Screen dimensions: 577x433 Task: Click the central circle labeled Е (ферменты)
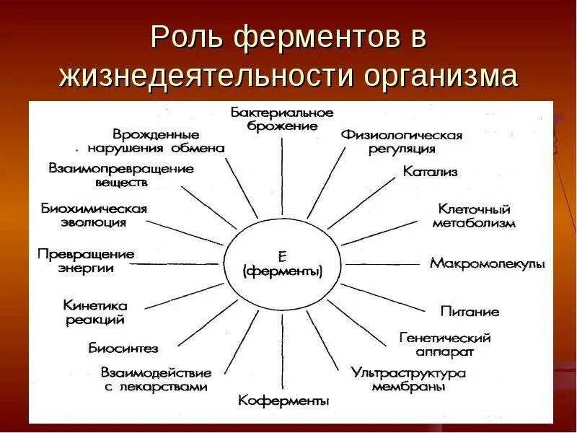click(282, 265)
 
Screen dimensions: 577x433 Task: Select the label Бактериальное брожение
click(282, 119)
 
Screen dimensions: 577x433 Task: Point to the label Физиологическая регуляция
click(402, 141)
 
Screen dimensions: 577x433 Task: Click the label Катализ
click(431, 172)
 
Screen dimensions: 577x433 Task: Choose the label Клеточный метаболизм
click(474, 216)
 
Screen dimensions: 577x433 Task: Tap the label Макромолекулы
click(487, 263)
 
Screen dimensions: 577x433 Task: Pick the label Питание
click(470, 312)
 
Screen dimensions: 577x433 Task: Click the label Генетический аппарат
click(445, 344)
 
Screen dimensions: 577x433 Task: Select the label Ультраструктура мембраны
click(408, 380)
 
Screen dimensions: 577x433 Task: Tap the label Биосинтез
click(123, 349)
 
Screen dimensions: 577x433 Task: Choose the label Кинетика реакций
click(95, 312)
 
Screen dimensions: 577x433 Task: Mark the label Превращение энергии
click(86, 261)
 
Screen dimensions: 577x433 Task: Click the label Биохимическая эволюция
click(94, 215)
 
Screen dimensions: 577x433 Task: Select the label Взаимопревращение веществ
click(121, 175)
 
